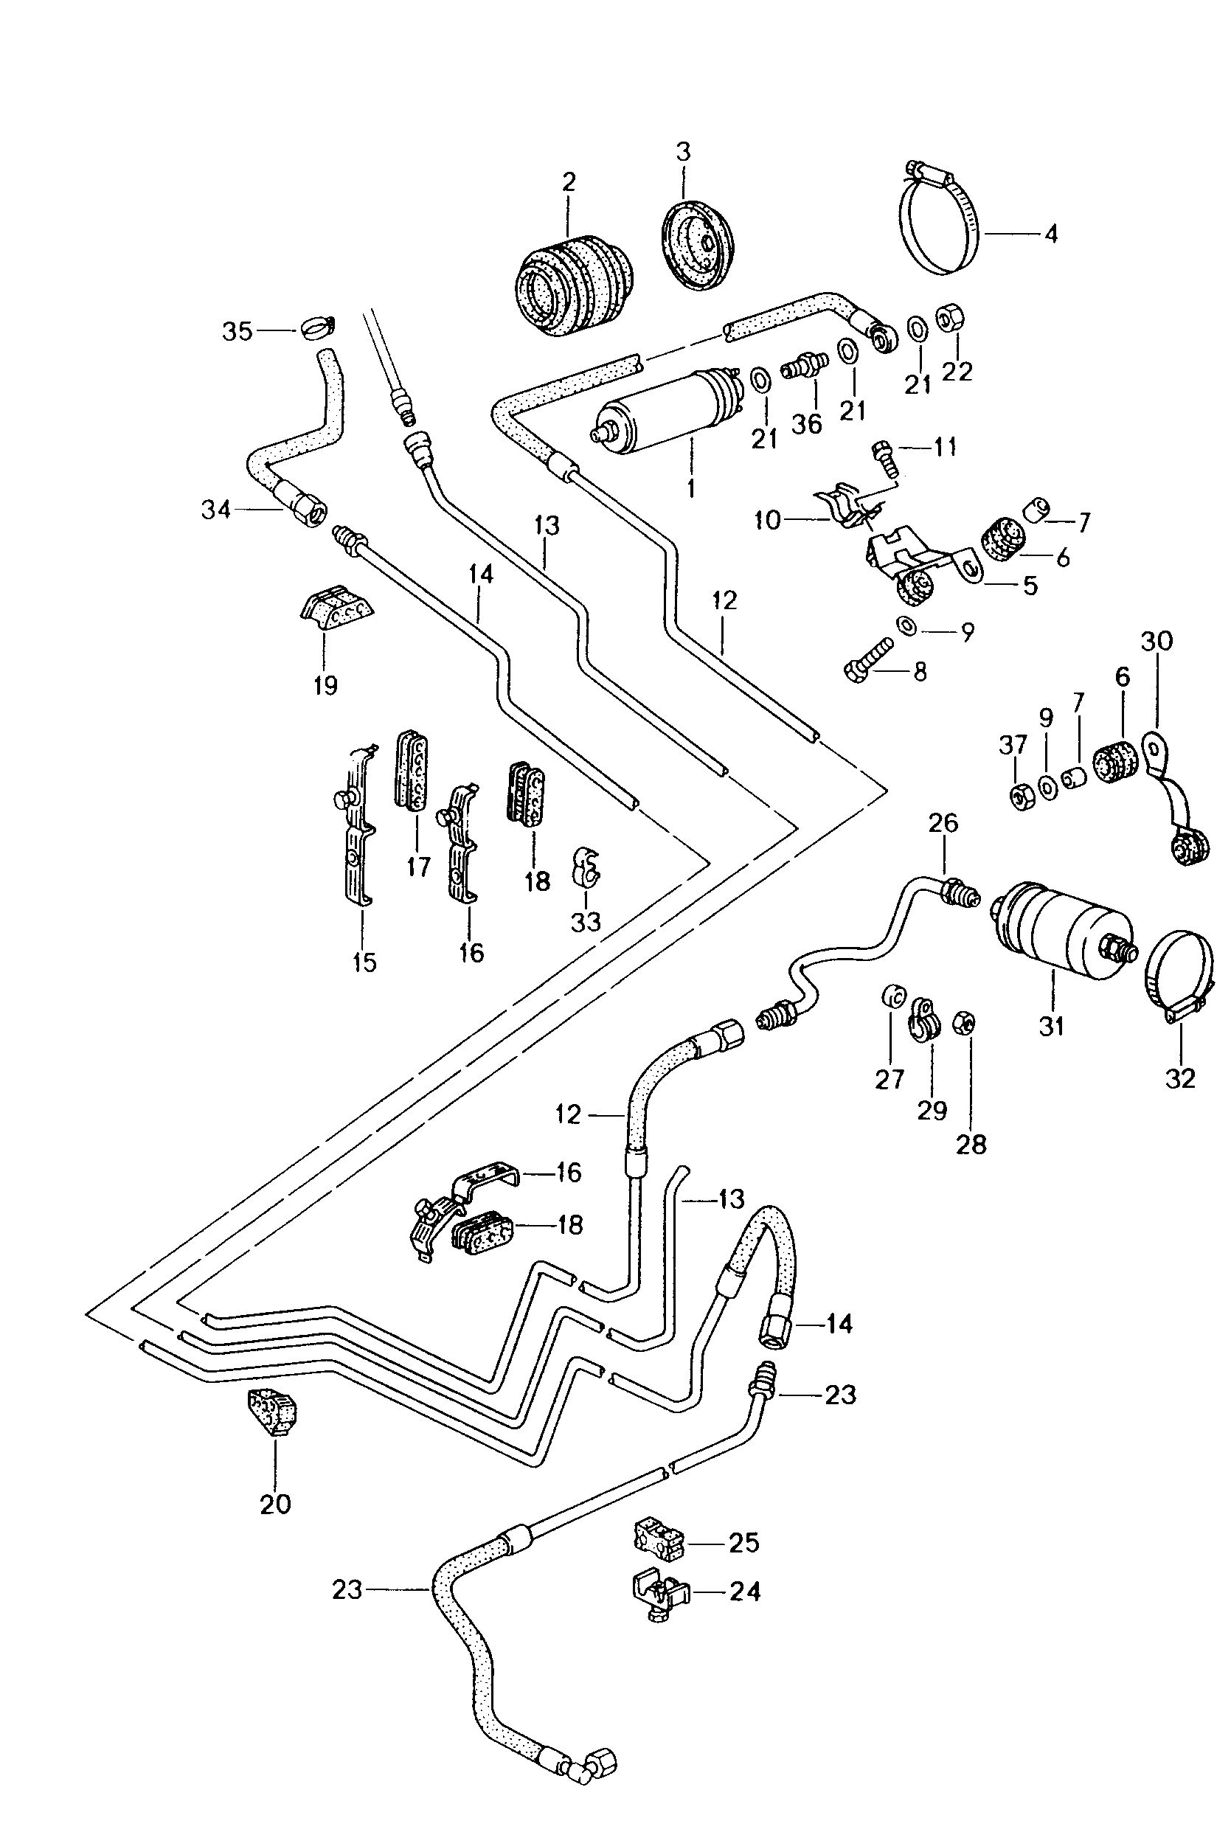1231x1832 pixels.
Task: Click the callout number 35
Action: pos(237,331)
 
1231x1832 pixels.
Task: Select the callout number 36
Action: pos(806,424)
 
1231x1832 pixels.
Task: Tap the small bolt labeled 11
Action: pos(886,459)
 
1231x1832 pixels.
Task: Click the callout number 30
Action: pos(1157,640)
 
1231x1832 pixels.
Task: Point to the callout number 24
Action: pos(744,1591)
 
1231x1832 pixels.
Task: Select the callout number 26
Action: pos(943,822)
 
